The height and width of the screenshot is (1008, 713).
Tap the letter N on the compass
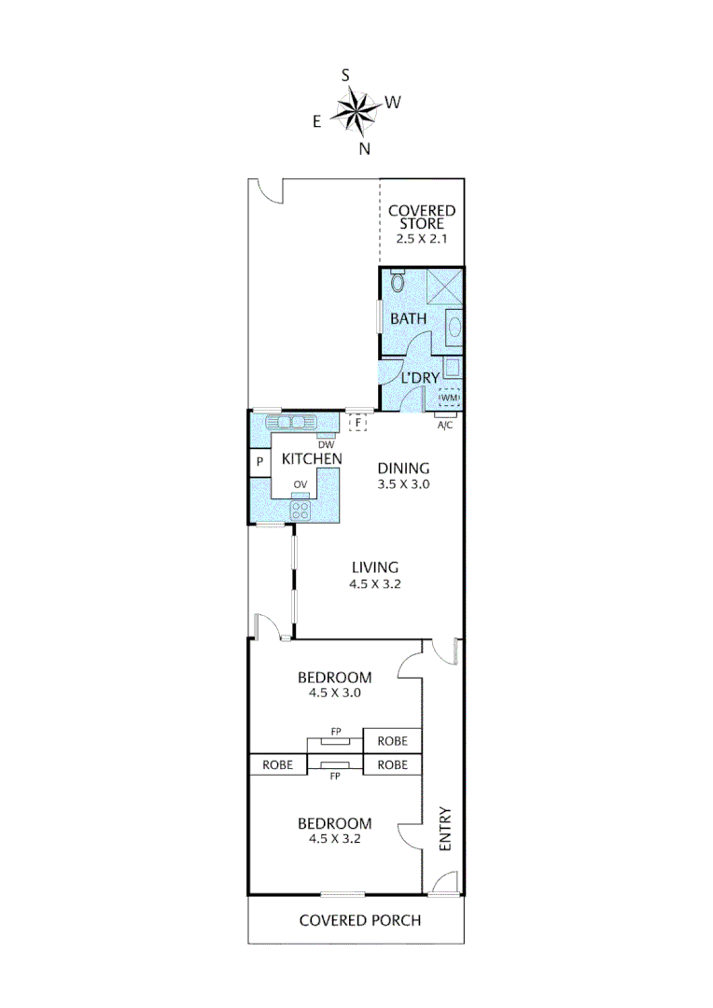365,148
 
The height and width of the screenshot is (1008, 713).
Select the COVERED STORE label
422,217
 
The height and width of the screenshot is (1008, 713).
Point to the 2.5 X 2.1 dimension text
422,239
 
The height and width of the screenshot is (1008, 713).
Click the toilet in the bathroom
398,281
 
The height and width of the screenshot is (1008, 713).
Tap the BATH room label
409,318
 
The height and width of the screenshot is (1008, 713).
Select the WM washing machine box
449,398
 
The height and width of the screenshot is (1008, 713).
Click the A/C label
446,425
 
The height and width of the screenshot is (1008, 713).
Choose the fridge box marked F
357,423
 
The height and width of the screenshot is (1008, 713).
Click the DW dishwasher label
326,444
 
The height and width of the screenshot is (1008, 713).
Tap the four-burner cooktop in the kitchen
301,509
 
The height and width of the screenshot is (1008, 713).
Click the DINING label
403,469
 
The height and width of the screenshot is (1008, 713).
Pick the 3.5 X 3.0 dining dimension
403,485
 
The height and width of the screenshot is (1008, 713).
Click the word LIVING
375,567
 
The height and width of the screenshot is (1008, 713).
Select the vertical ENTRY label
445,828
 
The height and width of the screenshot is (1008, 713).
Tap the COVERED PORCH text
359,920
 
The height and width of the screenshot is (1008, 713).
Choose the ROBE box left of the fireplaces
277,764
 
